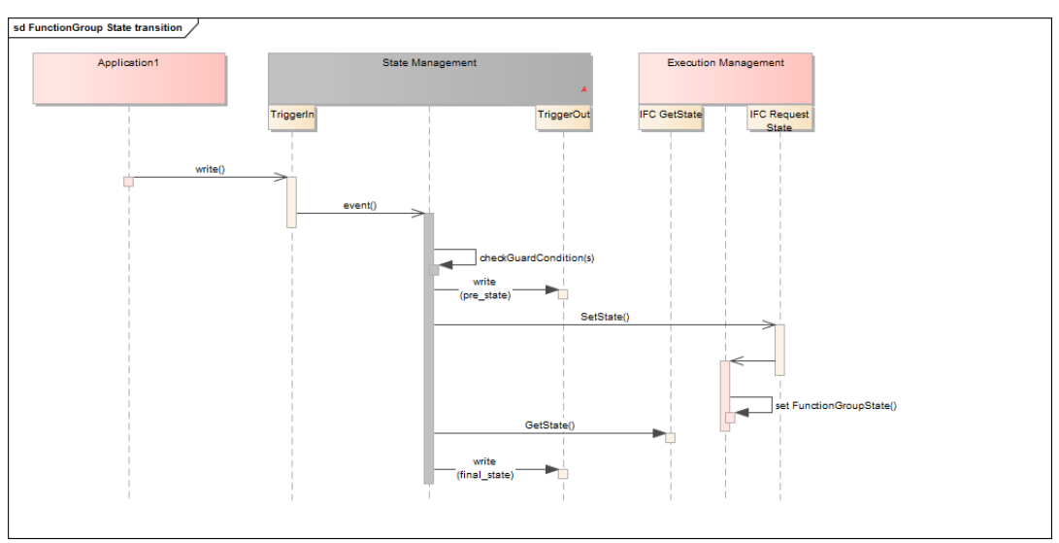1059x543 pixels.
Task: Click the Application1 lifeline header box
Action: (129, 79)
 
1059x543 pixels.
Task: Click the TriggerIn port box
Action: (292, 118)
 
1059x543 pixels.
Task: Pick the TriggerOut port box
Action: (563, 118)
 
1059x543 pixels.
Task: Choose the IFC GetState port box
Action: (670, 118)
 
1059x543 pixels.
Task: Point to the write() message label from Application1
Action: (210, 169)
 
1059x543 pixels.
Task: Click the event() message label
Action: (359, 205)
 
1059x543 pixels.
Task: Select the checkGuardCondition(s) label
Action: (537, 257)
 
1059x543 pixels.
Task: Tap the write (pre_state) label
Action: (484, 288)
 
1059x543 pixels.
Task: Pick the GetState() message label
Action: (549, 424)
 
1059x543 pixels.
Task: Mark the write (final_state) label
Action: (484, 467)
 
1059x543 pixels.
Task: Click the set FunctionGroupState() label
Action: (836, 405)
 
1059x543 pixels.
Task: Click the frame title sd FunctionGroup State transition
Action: (97, 27)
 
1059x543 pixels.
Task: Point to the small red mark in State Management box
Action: (583, 89)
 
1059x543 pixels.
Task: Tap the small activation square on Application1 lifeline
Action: (128, 182)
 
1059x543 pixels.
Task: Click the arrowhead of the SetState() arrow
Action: (769, 325)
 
